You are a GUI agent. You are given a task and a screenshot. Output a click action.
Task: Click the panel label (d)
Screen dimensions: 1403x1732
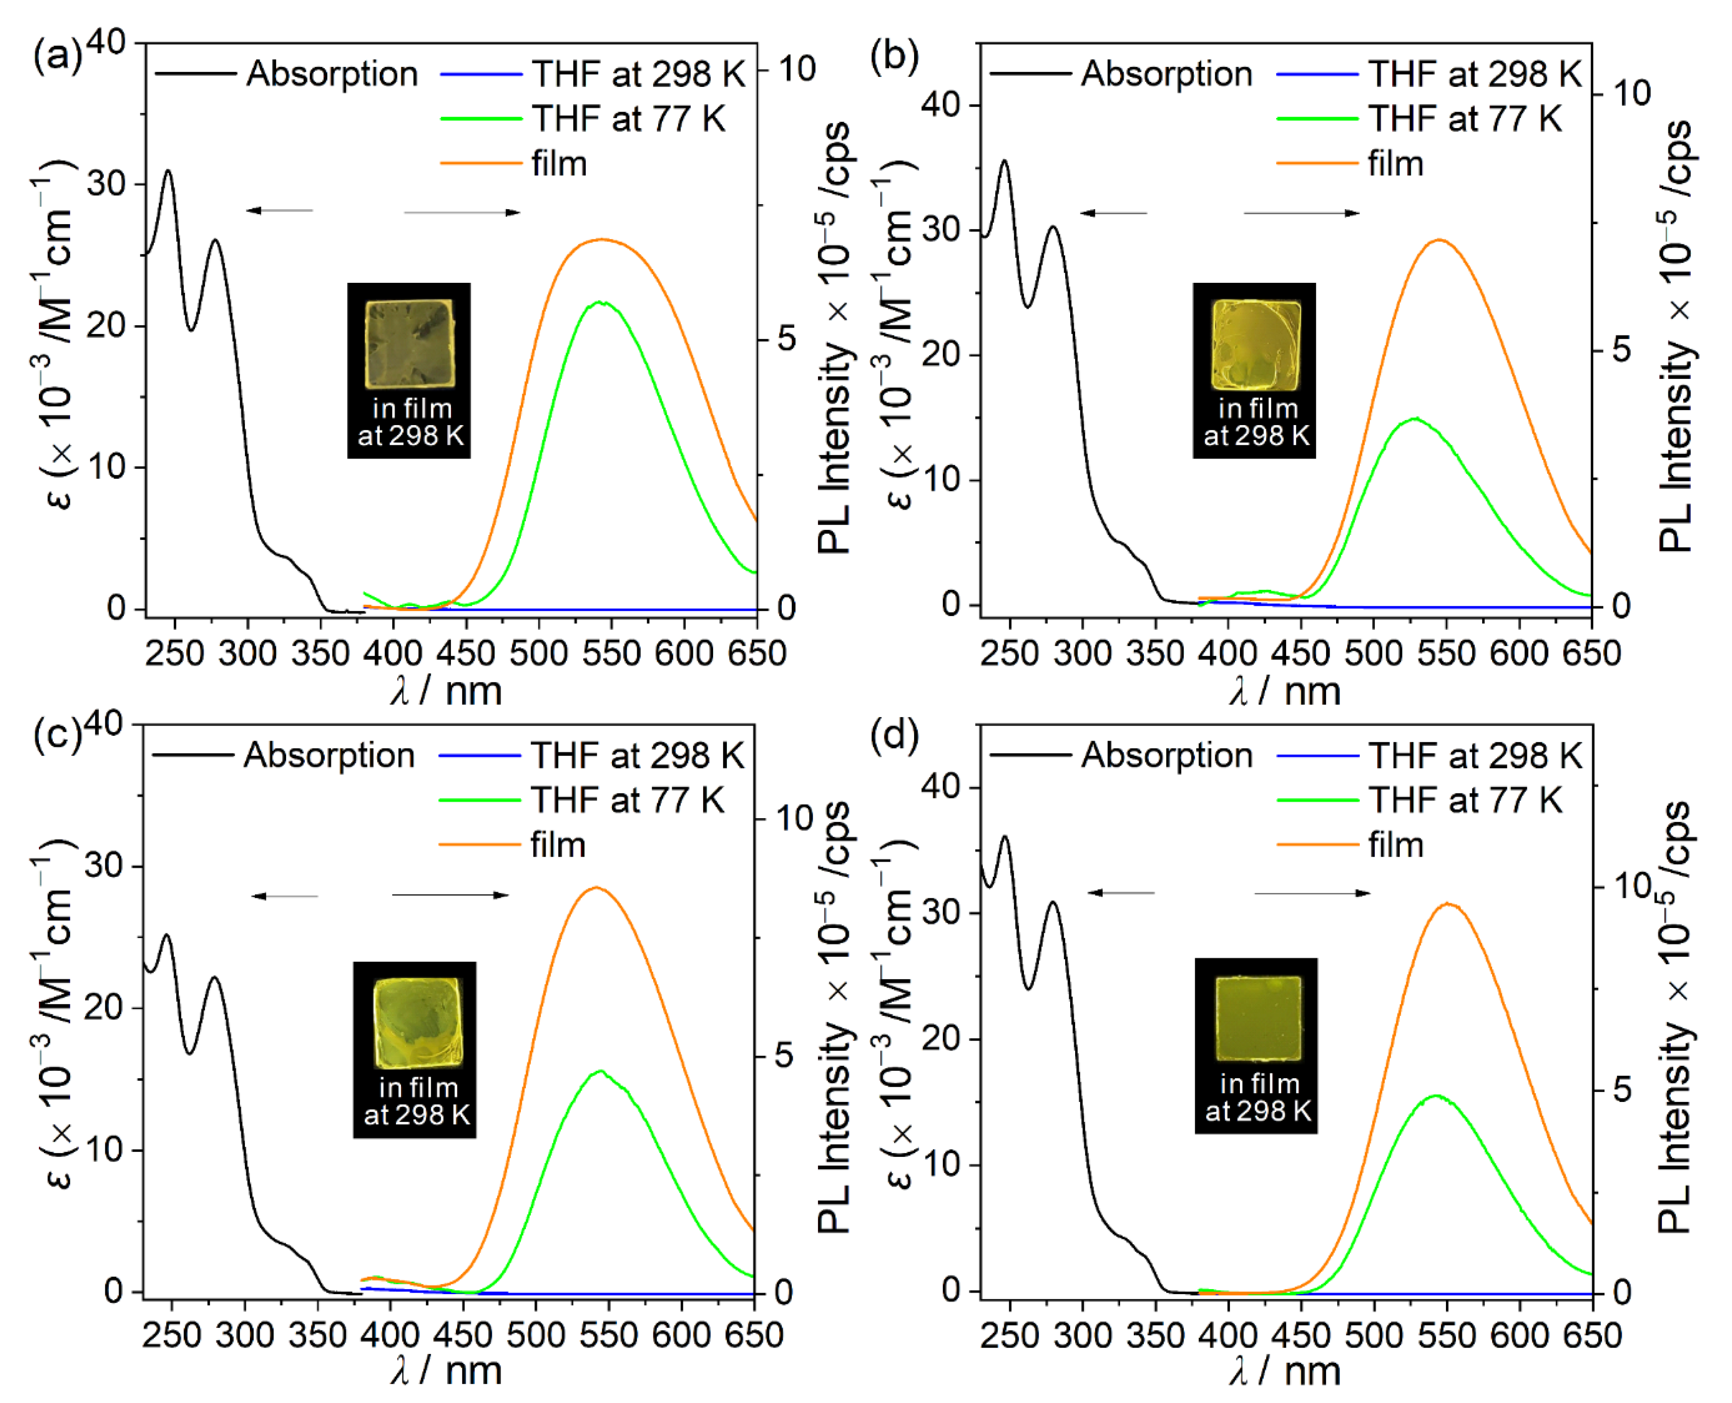point(894,738)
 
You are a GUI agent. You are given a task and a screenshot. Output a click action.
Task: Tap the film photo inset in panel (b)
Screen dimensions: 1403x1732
point(1254,370)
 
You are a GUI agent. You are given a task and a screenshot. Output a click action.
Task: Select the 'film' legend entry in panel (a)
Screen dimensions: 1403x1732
point(557,164)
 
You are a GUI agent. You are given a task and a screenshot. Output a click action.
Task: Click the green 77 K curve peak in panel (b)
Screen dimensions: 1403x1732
point(1414,419)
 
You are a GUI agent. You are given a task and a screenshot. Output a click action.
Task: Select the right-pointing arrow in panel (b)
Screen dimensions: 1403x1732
point(1301,213)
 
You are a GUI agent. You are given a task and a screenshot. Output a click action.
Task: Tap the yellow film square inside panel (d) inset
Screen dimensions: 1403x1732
point(1258,1018)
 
